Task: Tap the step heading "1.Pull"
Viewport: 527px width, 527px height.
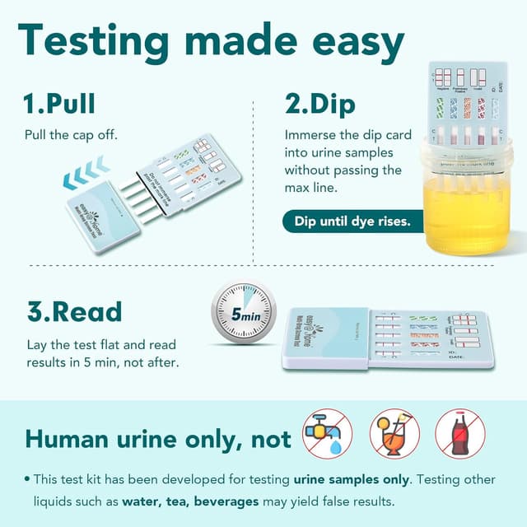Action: tap(59, 105)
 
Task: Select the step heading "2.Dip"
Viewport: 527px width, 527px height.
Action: tap(320, 105)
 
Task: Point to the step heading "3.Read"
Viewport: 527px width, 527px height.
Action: tap(73, 312)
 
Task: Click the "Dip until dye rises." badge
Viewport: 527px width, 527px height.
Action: tap(352, 222)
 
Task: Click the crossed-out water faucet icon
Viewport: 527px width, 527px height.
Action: tap(327, 434)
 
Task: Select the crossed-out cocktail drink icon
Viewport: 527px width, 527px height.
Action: tap(394, 434)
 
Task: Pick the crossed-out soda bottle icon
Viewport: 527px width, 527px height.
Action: tap(460, 434)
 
